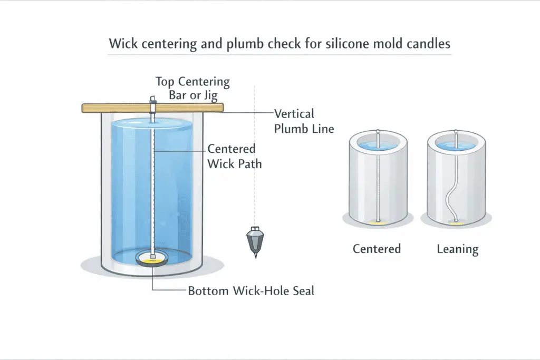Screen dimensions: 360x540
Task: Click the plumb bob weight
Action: [255, 239]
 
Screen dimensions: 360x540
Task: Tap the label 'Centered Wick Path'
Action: [232, 156]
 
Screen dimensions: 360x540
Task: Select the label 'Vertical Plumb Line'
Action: [304, 121]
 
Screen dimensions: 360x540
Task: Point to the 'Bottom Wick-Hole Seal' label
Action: [251, 290]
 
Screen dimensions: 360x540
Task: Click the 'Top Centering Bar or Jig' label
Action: [192, 89]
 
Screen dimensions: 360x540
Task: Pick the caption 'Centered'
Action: [377, 249]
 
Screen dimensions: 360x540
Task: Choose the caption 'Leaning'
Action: [457, 249]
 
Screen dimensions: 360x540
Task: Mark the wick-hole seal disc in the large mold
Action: [152, 258]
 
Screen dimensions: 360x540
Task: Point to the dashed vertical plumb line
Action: [255, 169]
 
